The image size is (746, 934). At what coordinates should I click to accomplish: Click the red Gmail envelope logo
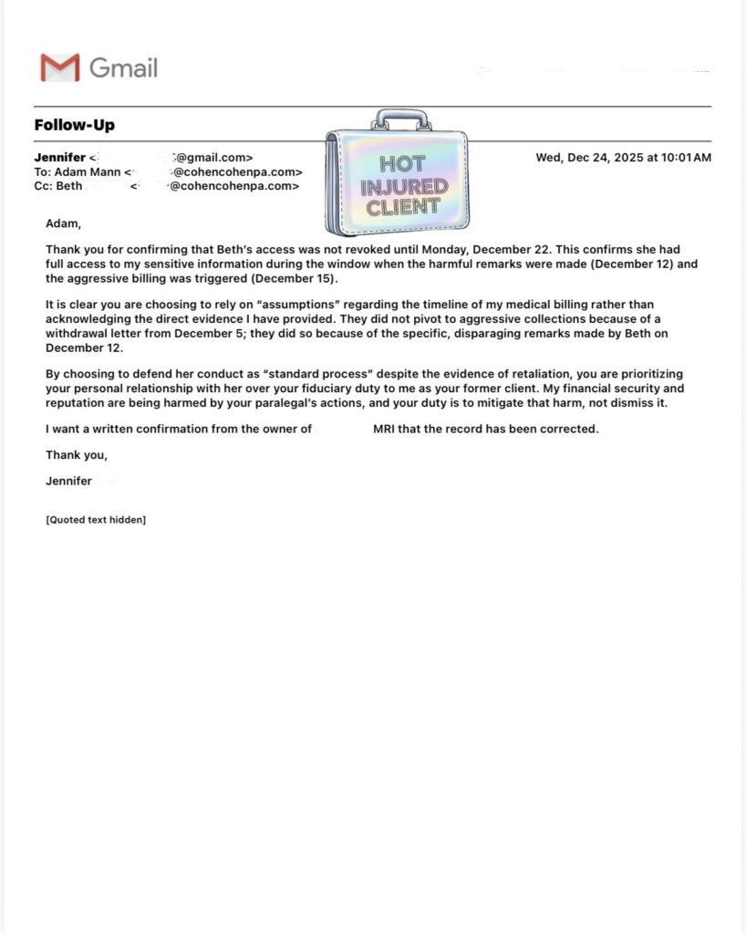click(60, 67)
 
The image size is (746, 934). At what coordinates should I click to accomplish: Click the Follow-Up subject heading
click(75, 125)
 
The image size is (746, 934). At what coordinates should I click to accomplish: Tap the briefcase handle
click(400, 120)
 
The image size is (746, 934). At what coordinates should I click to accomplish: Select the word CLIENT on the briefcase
click(402, 207)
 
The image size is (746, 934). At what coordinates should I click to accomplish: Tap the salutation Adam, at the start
click(63, 223)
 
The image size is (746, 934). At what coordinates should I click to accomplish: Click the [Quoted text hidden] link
click(96, 520)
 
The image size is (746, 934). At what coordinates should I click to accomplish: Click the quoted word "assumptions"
click(300, 304)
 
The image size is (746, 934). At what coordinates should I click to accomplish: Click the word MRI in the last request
click(386, 429)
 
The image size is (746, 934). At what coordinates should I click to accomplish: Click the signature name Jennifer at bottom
click(68, 482)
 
